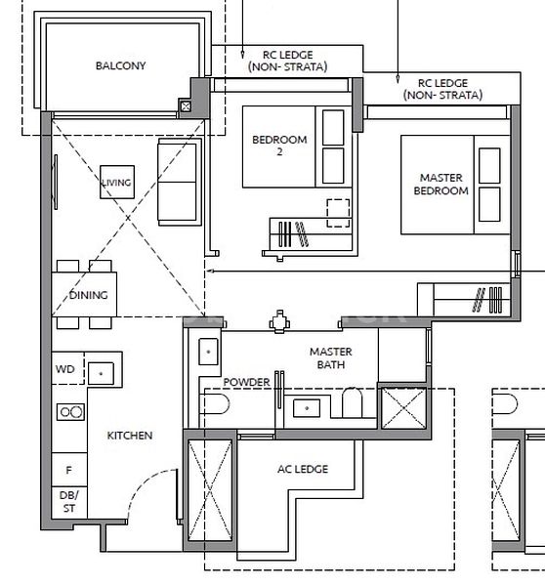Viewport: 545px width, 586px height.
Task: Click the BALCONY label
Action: (120, 66)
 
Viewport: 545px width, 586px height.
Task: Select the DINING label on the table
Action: (87, 295)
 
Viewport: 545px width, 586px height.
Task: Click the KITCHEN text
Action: (130, 436)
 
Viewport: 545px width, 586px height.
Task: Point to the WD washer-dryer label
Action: (64, 370)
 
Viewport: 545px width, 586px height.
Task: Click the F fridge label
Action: (67, 470)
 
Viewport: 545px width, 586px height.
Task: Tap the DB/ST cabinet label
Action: (67, 502)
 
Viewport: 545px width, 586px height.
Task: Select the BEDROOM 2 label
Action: (279, 146)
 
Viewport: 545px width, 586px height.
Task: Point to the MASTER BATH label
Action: (330, 358)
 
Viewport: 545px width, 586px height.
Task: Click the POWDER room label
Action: (246, 382)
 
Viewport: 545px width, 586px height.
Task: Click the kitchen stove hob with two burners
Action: (69, 412)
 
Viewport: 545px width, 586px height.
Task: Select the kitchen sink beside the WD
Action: (102, 372)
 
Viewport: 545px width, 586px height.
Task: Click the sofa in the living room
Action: (179, 181)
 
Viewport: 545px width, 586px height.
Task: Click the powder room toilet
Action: (217, 404)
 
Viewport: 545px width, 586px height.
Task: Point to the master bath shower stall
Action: (402, 408)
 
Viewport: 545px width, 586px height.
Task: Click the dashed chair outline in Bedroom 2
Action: (338, 212)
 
